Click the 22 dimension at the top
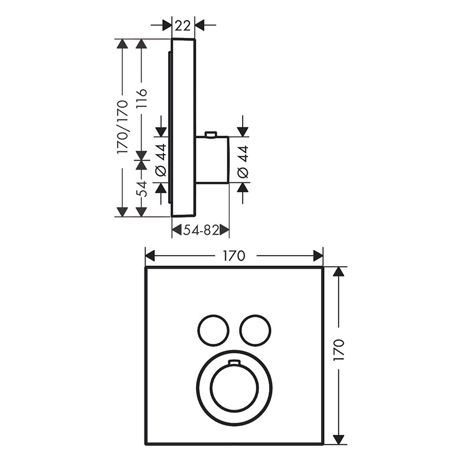[x=184, y=25]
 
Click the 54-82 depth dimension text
[x=200, y=230]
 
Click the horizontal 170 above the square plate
[x=233, y=255]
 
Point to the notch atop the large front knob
[x=233, y=363]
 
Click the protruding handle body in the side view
[x=213, y=160]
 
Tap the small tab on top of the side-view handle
[x=211, y=135]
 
